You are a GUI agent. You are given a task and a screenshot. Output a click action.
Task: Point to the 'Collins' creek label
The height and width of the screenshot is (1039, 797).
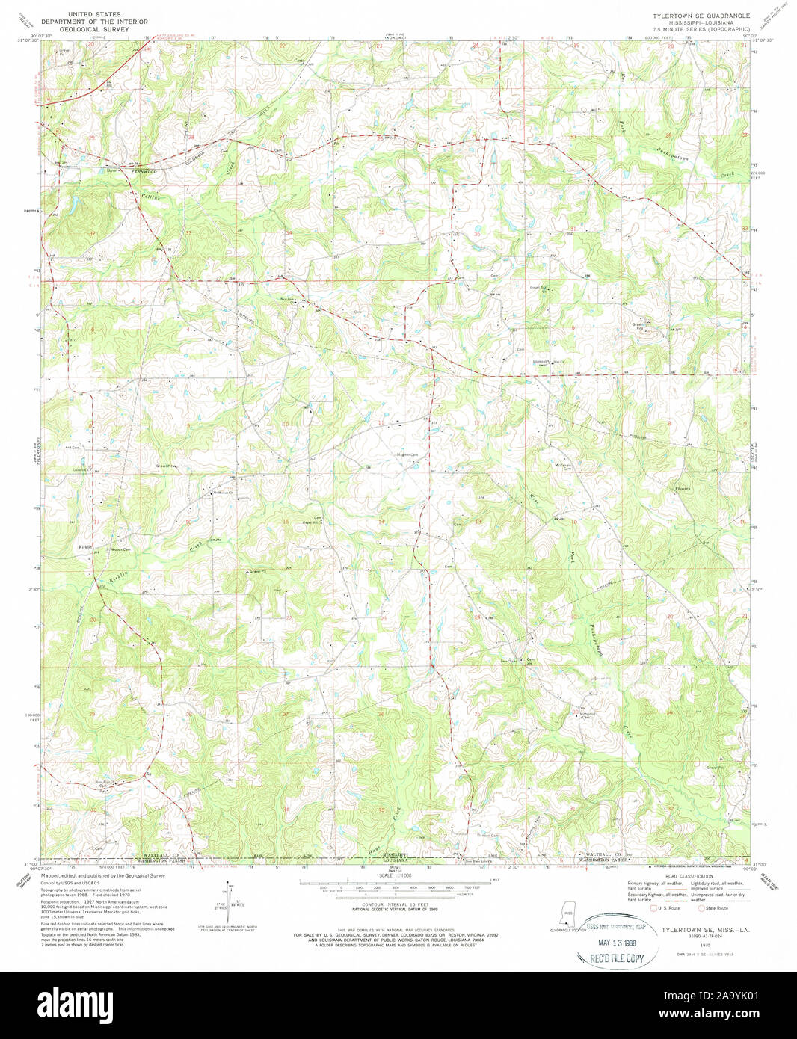pos(150,197)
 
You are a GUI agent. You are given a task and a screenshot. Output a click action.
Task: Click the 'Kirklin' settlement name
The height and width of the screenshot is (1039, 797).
pos(85,547)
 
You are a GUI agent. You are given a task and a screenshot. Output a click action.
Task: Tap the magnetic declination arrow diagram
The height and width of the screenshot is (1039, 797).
pos(230,904)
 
